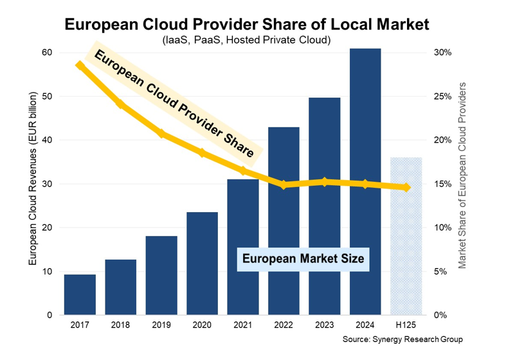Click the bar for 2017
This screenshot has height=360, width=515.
coord(80,294)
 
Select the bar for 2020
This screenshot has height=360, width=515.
coord(203,264)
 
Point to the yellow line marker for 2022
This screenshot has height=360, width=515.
coord(284,185)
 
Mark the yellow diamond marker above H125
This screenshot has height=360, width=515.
coord(406,187)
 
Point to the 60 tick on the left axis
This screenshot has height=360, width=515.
coord(46,53)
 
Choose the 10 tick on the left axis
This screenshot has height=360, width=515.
coord(46,271)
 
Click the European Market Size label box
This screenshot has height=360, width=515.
coord(302,259)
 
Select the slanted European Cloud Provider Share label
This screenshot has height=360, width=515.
coord(174,105)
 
